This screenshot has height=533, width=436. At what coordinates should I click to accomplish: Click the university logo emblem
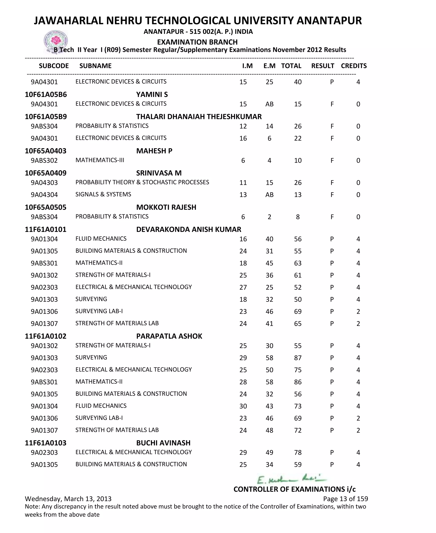(56, 41)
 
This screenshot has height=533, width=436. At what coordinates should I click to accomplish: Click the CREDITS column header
(354, 66)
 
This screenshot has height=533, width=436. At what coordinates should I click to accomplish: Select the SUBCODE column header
(54, 66)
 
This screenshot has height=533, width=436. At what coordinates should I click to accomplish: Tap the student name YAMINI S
(152, 95)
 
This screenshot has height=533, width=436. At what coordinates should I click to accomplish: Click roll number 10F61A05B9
(46, 116)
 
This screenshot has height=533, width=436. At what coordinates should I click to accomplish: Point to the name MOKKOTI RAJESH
(166, 207)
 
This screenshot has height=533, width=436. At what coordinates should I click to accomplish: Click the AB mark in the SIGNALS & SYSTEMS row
(269, 195)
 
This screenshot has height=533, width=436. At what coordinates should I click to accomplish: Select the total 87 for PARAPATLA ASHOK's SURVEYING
(298, 358)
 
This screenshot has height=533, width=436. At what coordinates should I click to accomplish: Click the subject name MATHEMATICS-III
(100, 160)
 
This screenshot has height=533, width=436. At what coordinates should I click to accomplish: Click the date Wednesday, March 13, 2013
(68, 499)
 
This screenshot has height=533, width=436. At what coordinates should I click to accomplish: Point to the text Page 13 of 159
(345, 499)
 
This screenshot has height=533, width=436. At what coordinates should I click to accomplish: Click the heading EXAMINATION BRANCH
(197, 42)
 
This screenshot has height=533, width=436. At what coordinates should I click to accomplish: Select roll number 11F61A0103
(46, 443)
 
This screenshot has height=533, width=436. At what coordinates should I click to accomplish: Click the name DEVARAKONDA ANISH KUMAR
(189, 229)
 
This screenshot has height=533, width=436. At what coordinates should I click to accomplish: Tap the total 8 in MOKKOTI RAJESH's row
(298, 217)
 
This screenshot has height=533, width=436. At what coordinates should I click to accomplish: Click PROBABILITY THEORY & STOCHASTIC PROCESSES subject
(142, 182)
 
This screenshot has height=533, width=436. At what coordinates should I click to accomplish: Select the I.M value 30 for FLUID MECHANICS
(243, 406)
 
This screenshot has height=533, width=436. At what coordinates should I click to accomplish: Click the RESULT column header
(323, 66)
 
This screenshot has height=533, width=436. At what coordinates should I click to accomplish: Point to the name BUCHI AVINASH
(163, 443)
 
